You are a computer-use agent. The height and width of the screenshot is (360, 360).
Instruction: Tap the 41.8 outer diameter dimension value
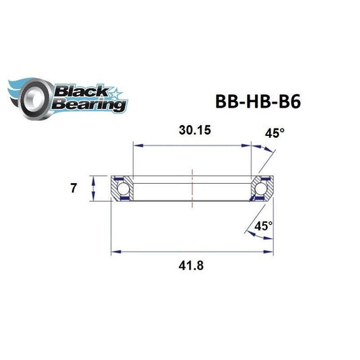tap(190, 265)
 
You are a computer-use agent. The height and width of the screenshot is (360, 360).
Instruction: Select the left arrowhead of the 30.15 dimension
tap(135, 144)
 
